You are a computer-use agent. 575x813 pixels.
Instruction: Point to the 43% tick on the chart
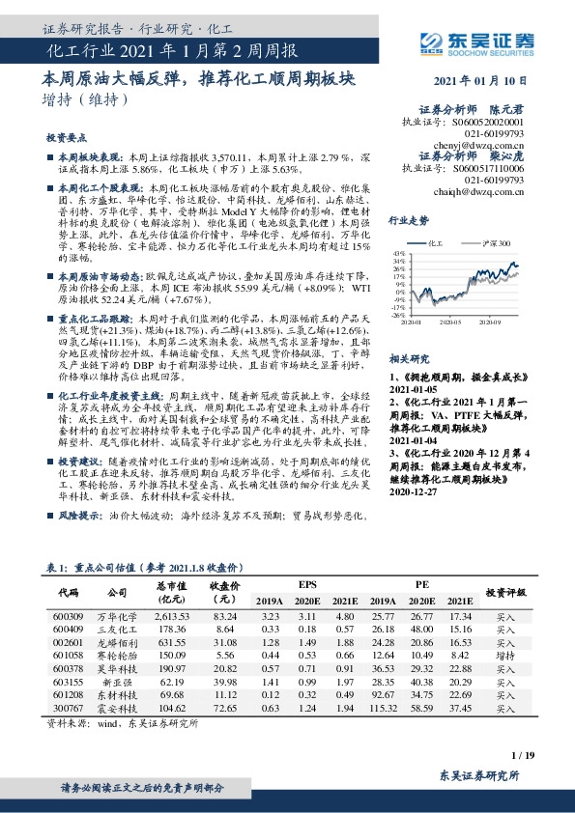pyautogui.click(x=399, y=253)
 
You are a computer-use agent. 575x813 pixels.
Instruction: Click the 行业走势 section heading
pyautogui.click(x=409, y=220)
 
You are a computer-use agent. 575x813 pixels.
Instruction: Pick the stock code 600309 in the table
pyautogui.click(x=69, y=614)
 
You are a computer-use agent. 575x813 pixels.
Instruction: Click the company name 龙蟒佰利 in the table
pyautogui.click(x=117, y=640)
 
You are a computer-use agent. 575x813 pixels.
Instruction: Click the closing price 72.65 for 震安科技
pyautogui.click(x=225, y=707)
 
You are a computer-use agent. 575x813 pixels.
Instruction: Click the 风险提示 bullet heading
pyautogui.click(x=80, y=518)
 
